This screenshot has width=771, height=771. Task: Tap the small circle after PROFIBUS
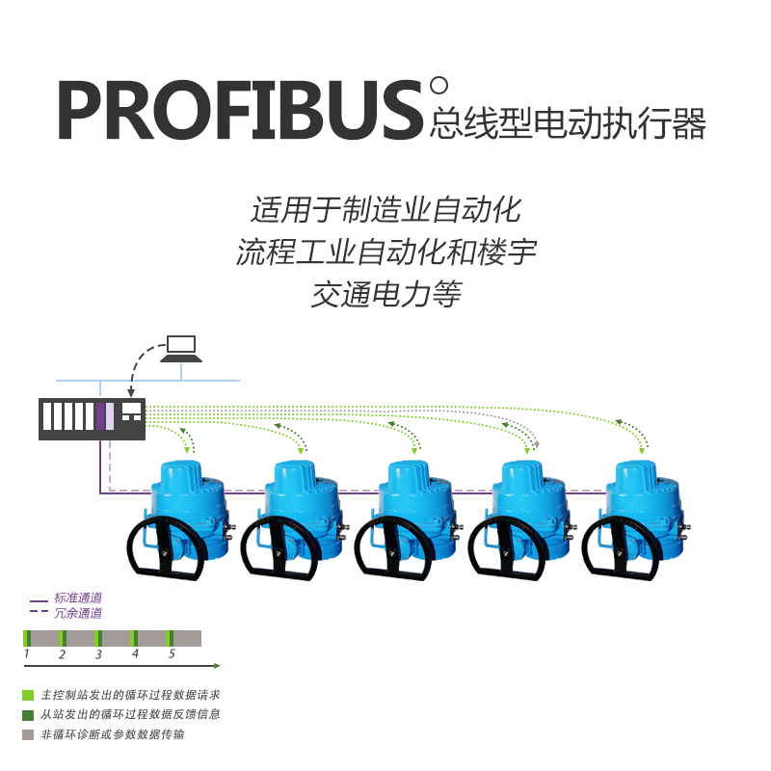[x=439, y=86]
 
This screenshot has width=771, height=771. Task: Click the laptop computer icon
[x=181, y=348]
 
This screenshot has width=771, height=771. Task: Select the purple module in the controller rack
[x=100, y=415]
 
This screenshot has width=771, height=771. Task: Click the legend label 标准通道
[x=78, y=598]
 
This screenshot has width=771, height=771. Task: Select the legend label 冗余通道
[x=78, y=612]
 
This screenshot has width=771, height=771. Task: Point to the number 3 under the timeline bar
[x=98, y=654]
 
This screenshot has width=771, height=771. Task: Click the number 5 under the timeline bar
[x=172, y=654]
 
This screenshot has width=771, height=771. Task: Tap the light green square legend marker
[x=28, y=695]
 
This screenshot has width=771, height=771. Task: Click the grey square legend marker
[x=28, y=734]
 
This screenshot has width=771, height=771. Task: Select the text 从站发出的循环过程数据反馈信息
[x=131, y=714]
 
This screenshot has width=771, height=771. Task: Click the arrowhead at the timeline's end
[x=217, y=666]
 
